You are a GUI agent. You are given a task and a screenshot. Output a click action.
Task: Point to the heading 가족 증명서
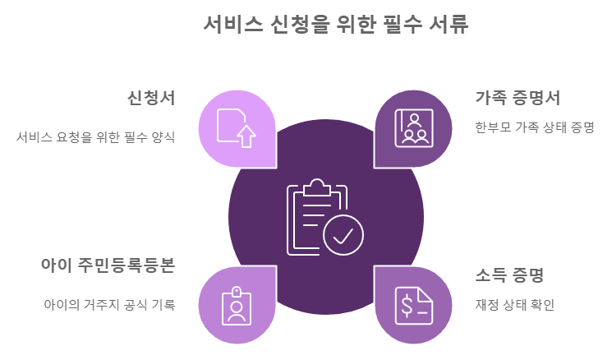tap(518, 98)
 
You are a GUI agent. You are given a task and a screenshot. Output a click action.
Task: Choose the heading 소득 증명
tap(509, 275)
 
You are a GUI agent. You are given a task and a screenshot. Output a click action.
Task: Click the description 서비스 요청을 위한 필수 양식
tap(96, 137)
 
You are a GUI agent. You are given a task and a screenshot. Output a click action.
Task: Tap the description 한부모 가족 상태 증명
tap(534, 127)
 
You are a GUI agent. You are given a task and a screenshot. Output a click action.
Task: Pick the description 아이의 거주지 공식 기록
tap(108, 304)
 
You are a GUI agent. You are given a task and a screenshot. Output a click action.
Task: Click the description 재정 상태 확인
tap(515, 305)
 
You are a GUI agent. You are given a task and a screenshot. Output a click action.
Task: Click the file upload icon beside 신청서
tap(236, 127)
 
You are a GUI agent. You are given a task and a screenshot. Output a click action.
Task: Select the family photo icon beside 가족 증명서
tap(413, 127)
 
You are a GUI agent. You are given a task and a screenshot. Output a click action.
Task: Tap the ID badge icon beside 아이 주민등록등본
tap(237, 305)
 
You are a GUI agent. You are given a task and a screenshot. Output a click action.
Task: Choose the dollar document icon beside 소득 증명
tap(413, 305)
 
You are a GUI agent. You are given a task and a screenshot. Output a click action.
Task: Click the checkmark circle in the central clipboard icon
tap(343, 234)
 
